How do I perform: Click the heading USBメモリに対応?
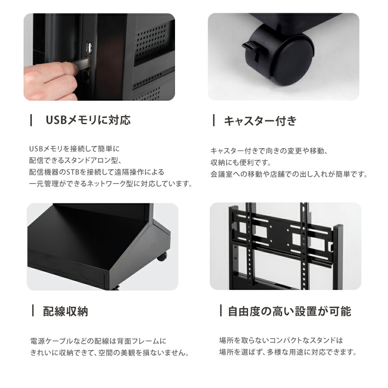click(88, 120)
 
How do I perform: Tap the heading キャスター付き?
click(260, 121)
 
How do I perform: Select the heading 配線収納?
click(65, 311)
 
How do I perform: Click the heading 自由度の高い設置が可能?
click(289, 311)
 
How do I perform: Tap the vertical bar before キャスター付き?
click(214, 121)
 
